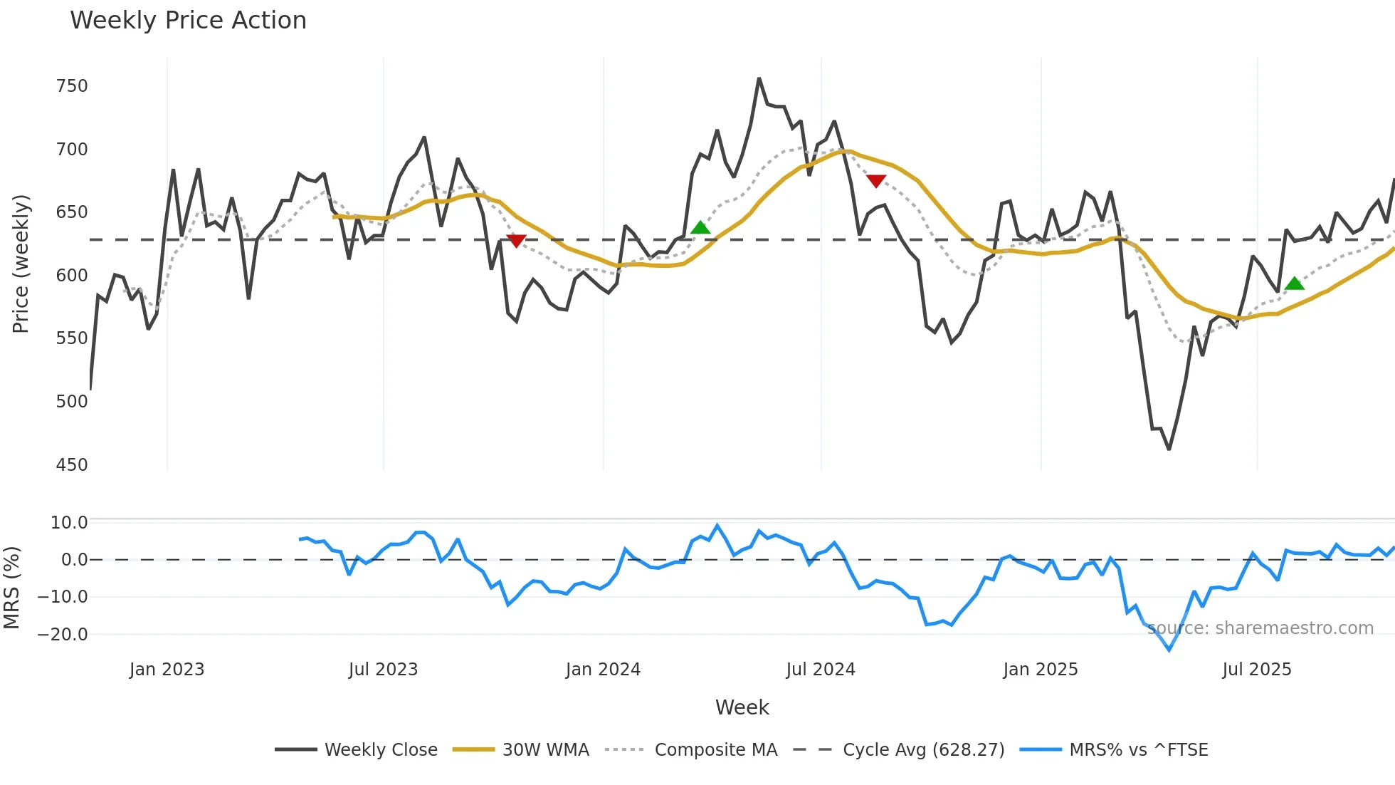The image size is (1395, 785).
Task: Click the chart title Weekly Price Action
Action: [x=188, y=20]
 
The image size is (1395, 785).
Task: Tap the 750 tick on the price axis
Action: [x=71, y=86]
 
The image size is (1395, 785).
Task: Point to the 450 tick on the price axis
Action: [x=71, y=465]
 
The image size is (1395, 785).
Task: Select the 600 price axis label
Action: [x=71, y=276]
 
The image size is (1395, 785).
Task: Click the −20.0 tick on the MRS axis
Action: [x=63, y=635]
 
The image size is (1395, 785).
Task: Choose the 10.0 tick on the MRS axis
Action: [x=68, y=523]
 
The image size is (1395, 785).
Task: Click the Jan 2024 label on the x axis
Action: [x=603, y=670]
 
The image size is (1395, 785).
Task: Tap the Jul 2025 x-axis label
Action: [x=1256, y=670]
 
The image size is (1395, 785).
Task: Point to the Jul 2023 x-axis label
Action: [x=383, y=670]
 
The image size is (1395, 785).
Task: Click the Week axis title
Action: [x=742, y=707]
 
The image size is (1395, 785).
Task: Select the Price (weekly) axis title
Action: [x=21, y=264]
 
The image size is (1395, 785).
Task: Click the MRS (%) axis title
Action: [x=11, y=588]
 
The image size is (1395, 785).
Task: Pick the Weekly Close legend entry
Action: [x=380, y=750]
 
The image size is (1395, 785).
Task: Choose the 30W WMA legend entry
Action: [x=545, y=750]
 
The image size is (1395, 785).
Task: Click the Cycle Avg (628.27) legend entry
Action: [x=923, y=750]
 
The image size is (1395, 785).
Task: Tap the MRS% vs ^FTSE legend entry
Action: [x=1138, y=750]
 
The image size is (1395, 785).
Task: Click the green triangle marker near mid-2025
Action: [x=1295, y=284]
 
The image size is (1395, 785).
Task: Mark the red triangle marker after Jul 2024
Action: [x=876, y=181]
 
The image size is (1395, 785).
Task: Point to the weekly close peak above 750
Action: [x=759, y=79]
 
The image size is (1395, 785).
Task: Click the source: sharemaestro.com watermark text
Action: [x=1260, y=628]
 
